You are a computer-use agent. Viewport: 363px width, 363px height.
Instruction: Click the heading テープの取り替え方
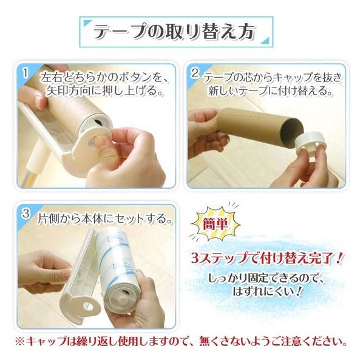175,32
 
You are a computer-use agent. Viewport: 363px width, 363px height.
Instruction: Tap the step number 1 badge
25,73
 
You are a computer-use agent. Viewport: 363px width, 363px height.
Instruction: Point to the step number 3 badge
26,214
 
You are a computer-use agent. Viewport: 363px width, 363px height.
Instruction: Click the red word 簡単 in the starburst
215,224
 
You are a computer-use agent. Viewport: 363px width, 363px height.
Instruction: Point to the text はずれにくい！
268,291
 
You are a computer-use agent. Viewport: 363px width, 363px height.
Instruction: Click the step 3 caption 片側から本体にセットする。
105,219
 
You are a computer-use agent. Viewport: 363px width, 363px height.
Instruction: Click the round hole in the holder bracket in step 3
89,307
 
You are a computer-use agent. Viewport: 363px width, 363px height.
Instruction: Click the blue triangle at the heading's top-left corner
87,23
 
